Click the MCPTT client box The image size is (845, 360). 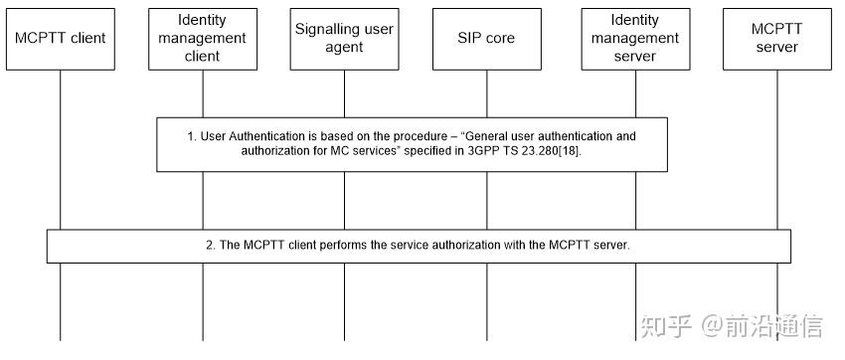click(x=60, y=38)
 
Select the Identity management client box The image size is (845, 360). click(x=203, y=38)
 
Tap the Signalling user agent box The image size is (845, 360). click(x=345, y=38)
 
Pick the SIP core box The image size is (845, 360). click(x=487, y=38)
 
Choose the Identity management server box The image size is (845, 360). click(x=634, y=38)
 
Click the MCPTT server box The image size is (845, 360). click(x=775, y=38)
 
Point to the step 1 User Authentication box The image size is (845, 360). click(x=412, y=144)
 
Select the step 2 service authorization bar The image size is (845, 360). click(x=419, y=246)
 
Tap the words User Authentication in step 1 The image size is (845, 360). click(x=249, y=135)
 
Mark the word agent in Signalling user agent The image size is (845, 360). click(x=345, y=47)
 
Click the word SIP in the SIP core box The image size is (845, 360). click(x=469, y=38)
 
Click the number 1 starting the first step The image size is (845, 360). click(x=192, y=135)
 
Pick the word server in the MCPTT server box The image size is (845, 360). click(x=775, y=47)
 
